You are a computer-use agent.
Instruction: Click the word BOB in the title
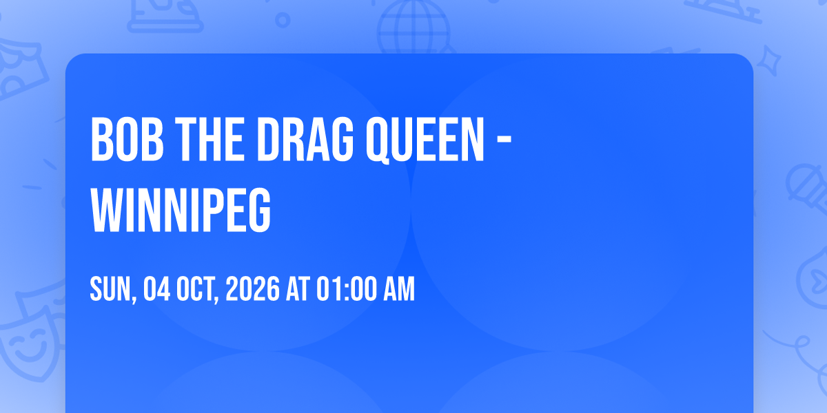tap(127, 139)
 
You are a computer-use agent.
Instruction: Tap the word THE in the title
tap(210, 139)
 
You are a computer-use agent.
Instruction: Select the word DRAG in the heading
tap(305, 139)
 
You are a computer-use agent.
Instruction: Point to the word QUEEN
tap(425, 140)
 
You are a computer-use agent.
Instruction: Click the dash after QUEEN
tap(504, 140)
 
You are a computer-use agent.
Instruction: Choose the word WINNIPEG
tap(181, 210)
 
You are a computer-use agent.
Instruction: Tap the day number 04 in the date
tap(157, 289)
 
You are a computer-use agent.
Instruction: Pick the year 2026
tap(252, 289)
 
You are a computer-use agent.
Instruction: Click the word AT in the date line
tap(298, 289)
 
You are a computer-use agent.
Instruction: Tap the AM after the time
tap(399, 289)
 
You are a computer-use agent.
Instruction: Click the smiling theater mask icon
tap(30, 347)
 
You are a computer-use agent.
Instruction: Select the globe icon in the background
tap(413, 28)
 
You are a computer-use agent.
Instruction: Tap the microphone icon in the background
tap(808, 187)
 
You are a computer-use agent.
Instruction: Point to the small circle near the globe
tap(283, 20)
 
